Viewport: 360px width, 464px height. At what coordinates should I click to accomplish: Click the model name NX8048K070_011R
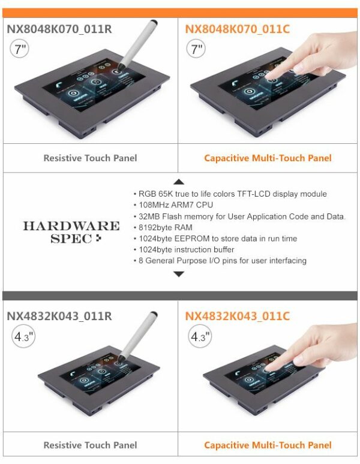59,29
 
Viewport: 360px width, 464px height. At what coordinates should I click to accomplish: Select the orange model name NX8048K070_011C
237,29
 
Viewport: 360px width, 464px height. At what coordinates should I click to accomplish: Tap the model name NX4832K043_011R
59,316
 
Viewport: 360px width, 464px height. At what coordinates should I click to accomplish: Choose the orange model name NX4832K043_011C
237,316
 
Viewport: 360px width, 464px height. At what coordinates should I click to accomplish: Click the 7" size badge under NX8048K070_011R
19,49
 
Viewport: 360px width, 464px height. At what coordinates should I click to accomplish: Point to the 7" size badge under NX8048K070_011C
196,49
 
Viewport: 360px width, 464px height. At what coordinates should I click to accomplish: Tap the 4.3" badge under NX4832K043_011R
23,337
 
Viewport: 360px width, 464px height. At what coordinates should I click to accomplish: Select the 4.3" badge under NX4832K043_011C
200,337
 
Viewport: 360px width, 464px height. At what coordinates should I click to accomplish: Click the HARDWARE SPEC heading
71,232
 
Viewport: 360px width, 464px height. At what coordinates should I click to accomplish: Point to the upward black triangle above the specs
178,182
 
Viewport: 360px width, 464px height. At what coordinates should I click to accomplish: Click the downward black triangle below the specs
178,274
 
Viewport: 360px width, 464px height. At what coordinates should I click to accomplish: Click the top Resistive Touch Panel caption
90,158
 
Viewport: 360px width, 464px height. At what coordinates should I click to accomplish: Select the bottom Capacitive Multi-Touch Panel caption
268,445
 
